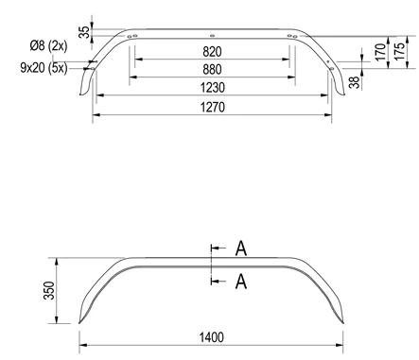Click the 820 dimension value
click(212, 52)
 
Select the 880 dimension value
click(212, 69)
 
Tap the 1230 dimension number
click(213, 88)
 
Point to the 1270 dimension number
click(213, 107)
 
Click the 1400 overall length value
click(212, 337)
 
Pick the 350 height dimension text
click(49, 290)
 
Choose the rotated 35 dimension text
click(84, 32)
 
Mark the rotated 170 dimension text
click(381, 52)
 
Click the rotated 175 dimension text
click(399, 51)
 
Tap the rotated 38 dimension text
click(355, 82)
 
